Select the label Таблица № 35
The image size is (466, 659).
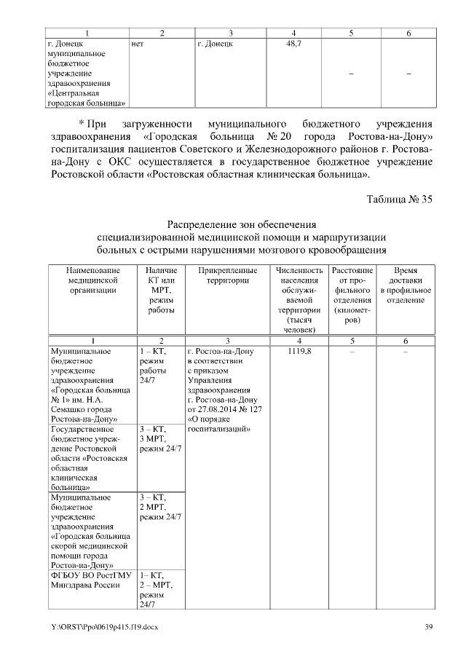(398, 201)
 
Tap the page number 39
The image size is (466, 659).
(429, 628)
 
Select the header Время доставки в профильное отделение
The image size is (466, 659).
(406, 285)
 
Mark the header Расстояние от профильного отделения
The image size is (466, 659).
(352, 296)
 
